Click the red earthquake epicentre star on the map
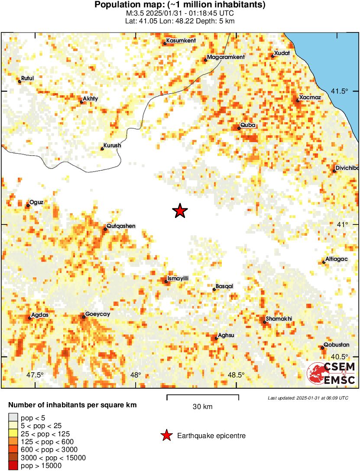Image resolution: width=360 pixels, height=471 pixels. point(180,211)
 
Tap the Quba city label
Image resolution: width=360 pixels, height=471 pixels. point(248,125)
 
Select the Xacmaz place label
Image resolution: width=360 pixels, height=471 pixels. point(310,97)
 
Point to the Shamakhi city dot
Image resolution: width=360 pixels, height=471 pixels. point(265,322)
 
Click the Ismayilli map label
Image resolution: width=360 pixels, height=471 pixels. point(178,278)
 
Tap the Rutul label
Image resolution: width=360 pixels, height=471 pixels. point(27,78)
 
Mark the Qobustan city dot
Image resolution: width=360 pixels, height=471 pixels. point(323,348)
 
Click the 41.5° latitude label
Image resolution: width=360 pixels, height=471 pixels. point(339,91)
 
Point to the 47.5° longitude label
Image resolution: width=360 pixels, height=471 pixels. point(35,375)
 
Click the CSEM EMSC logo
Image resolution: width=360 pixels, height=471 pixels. point(331,374)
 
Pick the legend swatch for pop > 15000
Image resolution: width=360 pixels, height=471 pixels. point(13,466)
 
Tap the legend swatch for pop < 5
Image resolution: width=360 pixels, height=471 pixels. point(13,417)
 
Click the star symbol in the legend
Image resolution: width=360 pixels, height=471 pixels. point(165,435)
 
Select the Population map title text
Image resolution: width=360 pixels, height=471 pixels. point(180,5)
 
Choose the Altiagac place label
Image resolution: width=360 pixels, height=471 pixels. point(336,259)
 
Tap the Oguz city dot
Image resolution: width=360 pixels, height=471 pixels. point(28,205)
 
